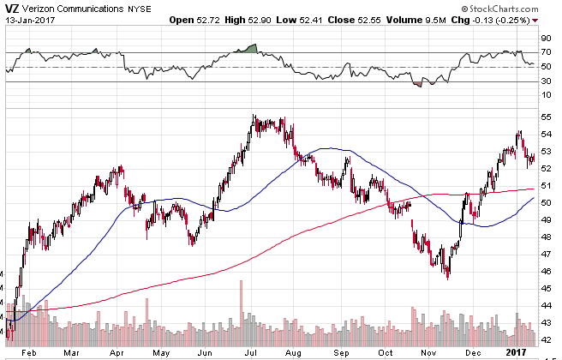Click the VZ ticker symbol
[11, 9]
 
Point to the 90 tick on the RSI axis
[544, 38]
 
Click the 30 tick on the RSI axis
[544, 81]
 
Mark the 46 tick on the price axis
[544, 272]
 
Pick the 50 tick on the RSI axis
[544, 67]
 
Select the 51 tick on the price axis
[544, 185]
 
